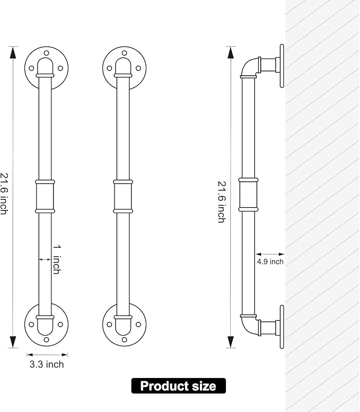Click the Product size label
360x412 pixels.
click(x=179, y=385)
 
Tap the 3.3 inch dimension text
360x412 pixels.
click(x=47, y=364)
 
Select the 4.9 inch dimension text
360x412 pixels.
click(x=270, y=262)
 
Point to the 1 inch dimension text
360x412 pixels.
click(x=57, y=259)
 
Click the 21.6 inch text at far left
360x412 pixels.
click(x=4, y=194)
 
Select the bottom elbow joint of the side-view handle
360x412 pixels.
click(x=250, y=325)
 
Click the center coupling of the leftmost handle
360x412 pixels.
click(x=45, y=196)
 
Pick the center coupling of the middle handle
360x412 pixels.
click(x=123, y=196)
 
